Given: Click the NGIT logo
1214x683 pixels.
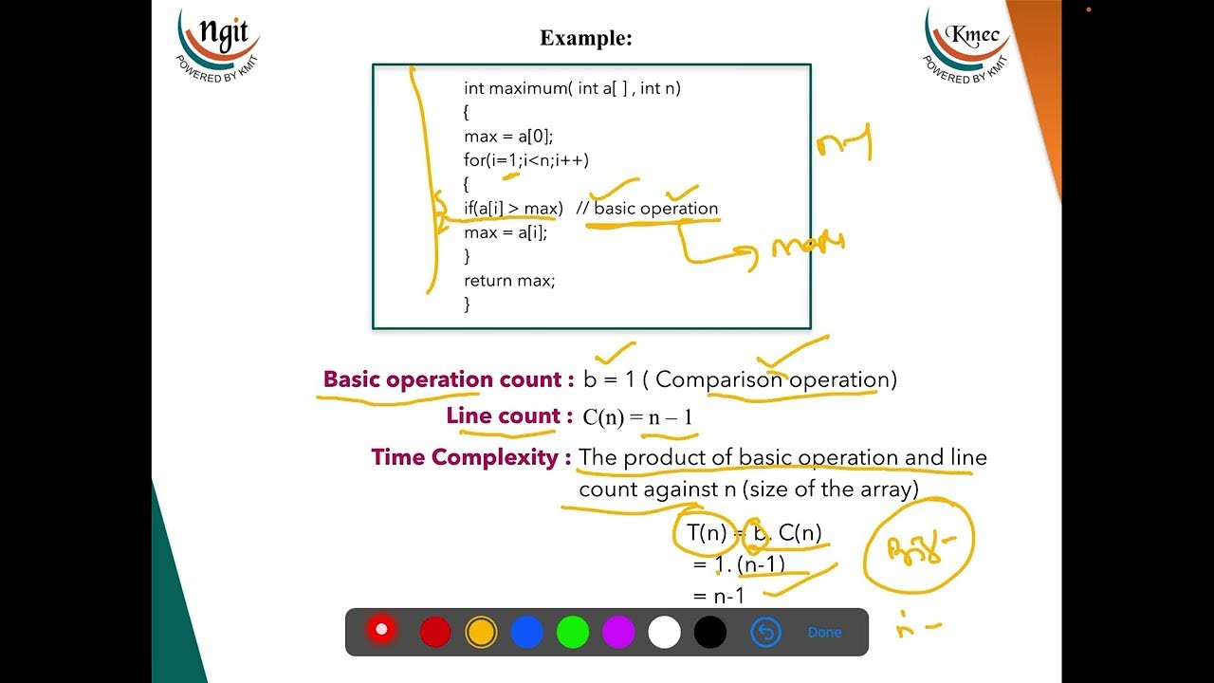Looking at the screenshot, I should pos(218,44).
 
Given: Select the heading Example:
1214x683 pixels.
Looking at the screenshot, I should pos(586,39).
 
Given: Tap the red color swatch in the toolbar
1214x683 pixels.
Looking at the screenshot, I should pos(435,632).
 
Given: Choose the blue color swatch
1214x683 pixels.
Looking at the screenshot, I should pos(526,632).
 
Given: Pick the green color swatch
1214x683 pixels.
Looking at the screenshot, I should pos(573,632).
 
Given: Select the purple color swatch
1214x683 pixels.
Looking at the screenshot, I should pos(618,632).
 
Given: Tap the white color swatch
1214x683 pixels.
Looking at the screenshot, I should pos(664,632).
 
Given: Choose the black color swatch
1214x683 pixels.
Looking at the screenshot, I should pos(709,632).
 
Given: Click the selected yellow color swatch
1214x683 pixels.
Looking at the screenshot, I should pos(481,632).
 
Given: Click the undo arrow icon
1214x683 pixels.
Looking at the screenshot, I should pos(765,632).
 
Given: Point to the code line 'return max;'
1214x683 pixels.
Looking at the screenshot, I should pos(509,281).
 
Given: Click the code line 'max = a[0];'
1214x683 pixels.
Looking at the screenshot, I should pos(508,137).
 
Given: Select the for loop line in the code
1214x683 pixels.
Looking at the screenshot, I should pos(526,160).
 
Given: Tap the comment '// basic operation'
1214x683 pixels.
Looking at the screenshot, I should pos(647,209).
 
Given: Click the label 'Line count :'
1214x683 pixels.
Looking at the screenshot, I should pos(509,416).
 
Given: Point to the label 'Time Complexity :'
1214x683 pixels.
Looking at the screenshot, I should pos(471,457).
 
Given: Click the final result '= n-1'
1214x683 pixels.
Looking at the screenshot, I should pos(719,597).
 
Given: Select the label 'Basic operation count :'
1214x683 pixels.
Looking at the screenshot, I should pos(449,379).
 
